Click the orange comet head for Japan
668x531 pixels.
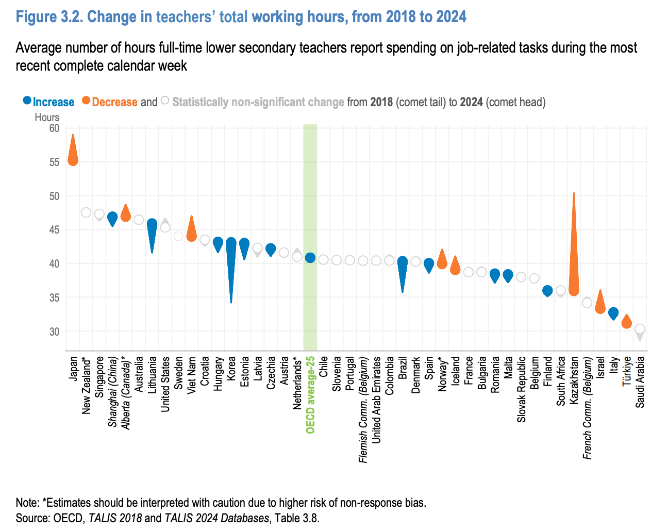73,160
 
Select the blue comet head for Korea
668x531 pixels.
231,243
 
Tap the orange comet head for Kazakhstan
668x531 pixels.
574,290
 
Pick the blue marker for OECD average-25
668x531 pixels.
310,258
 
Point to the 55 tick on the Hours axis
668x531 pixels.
54,162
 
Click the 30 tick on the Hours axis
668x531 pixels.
54,331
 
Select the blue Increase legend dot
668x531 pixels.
27,101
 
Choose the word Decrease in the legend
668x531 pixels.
114,102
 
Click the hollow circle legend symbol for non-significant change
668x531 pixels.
165,101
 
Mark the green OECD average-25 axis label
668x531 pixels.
310,394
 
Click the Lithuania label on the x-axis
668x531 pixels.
152,375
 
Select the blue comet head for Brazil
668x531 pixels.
403,261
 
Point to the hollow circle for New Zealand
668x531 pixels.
86,212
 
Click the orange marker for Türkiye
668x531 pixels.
626,323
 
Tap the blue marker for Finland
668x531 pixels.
547,291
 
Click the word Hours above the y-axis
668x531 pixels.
47,118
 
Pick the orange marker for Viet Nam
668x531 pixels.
191,236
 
